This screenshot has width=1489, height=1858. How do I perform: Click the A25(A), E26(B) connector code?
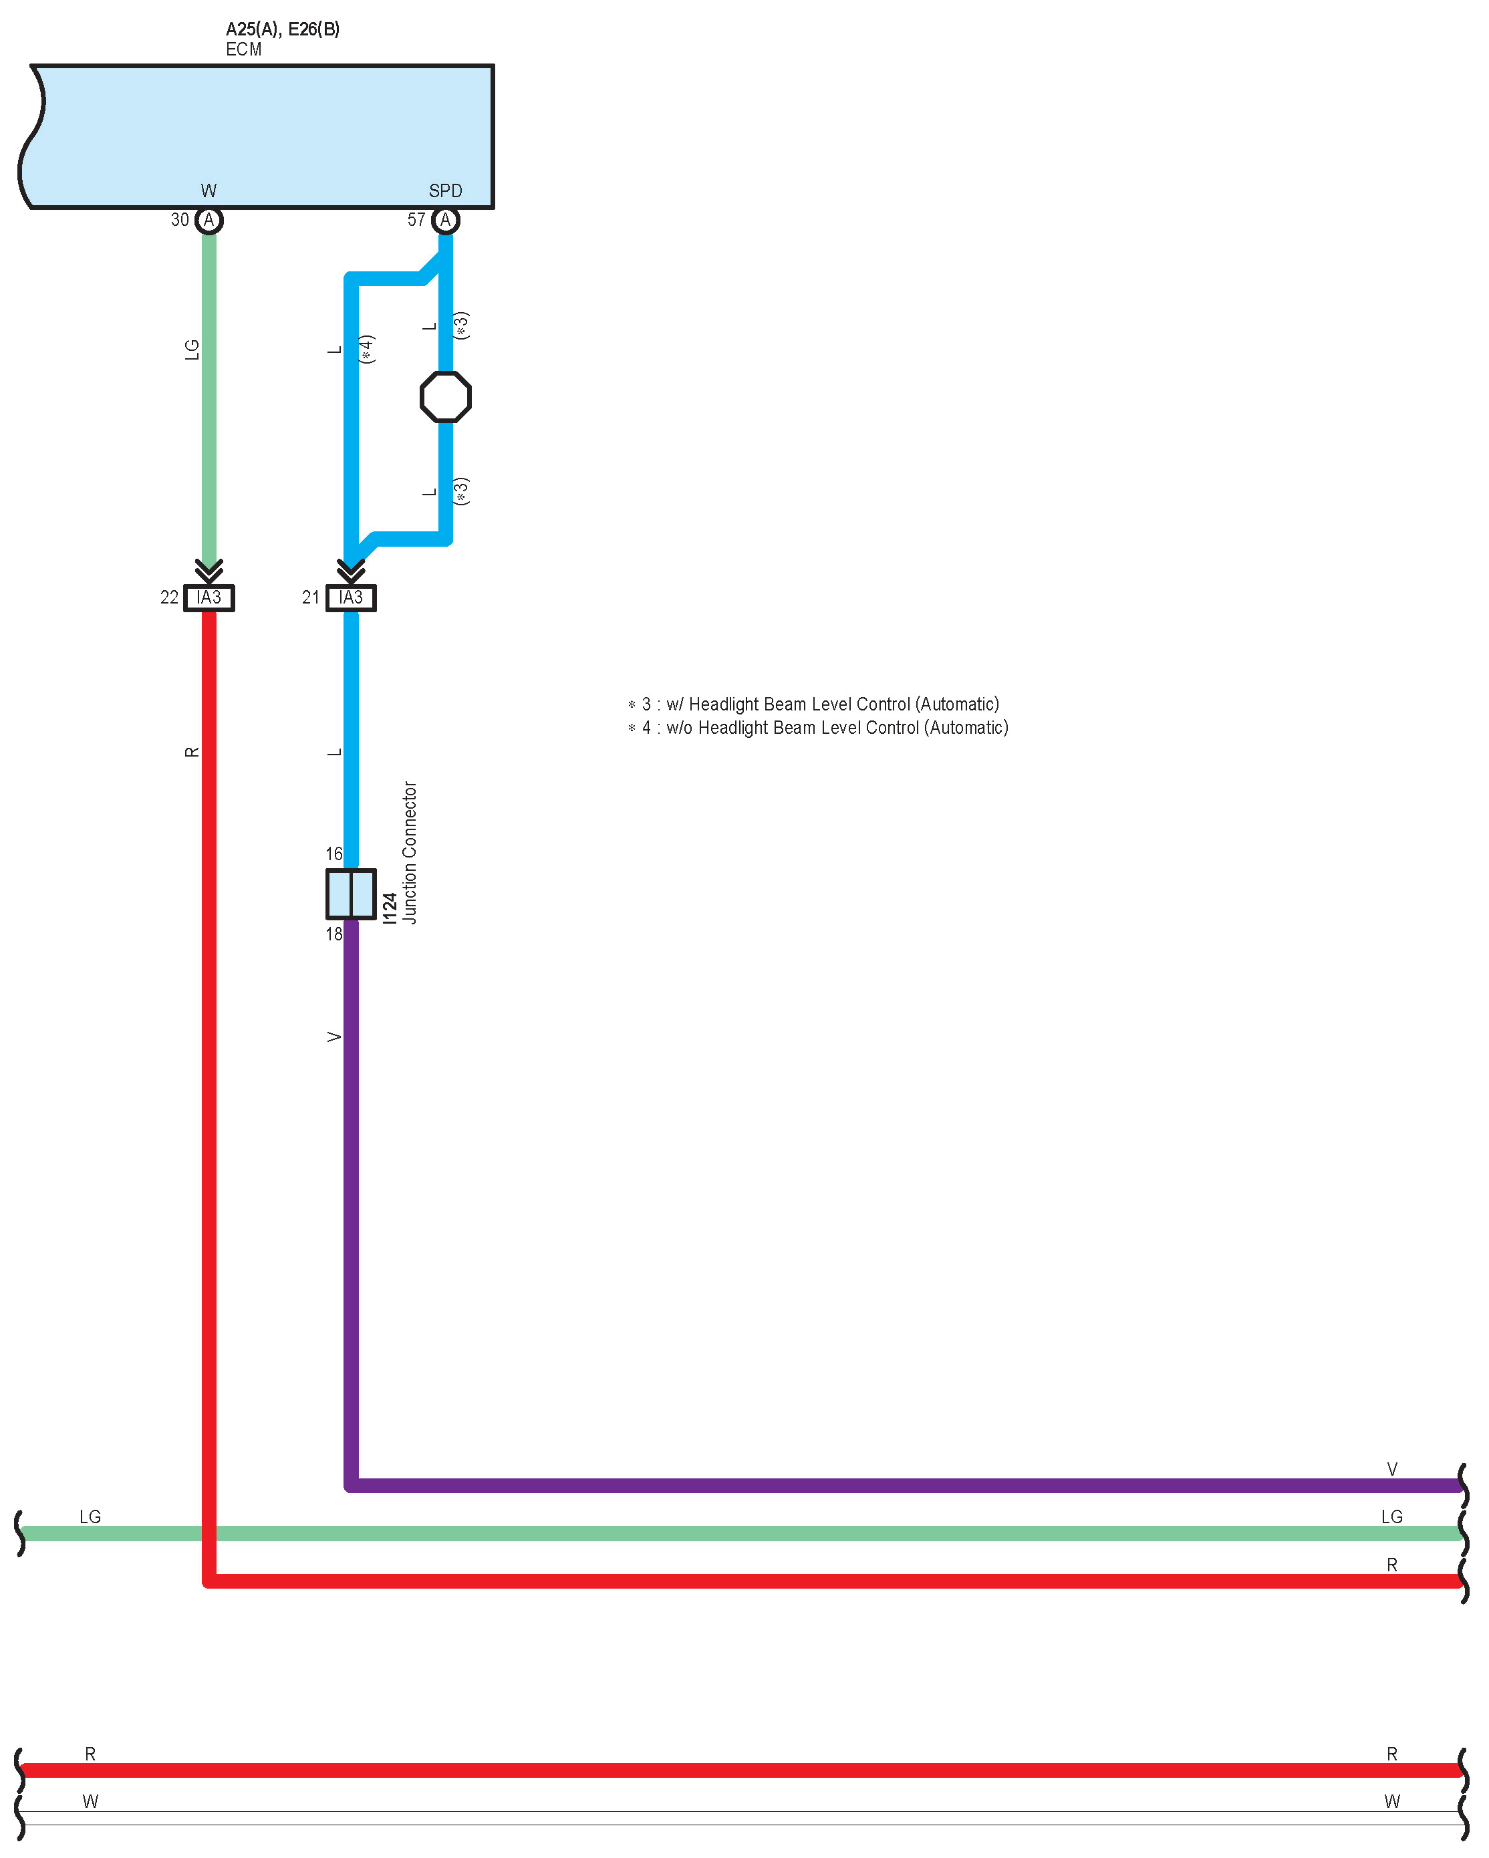point(283,29)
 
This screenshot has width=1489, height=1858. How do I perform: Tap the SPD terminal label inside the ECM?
point(446,190)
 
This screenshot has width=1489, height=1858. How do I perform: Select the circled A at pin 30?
point(209,221)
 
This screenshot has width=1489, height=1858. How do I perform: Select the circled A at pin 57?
point(446,221)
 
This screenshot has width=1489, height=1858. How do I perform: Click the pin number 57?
point(416,220)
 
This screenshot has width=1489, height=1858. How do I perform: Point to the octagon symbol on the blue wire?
point(446,397)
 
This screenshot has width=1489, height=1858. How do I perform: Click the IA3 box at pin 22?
point(209,598)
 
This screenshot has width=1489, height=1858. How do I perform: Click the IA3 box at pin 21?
point(351,598)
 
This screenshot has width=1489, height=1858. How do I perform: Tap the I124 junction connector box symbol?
point(351,894)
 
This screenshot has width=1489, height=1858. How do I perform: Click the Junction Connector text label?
point(410,853)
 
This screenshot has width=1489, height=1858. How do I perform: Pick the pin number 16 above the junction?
point(334,854)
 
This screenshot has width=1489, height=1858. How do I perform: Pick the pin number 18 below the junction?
point(334,934)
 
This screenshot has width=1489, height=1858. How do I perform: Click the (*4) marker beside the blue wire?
point(367,349)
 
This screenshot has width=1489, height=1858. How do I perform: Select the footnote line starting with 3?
point(814,704)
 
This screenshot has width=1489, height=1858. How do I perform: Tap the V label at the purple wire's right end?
point(1391,1469)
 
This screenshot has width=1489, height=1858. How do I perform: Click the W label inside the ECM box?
point(209,190)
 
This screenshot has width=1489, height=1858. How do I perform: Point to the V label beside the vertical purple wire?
point(334,1037)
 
